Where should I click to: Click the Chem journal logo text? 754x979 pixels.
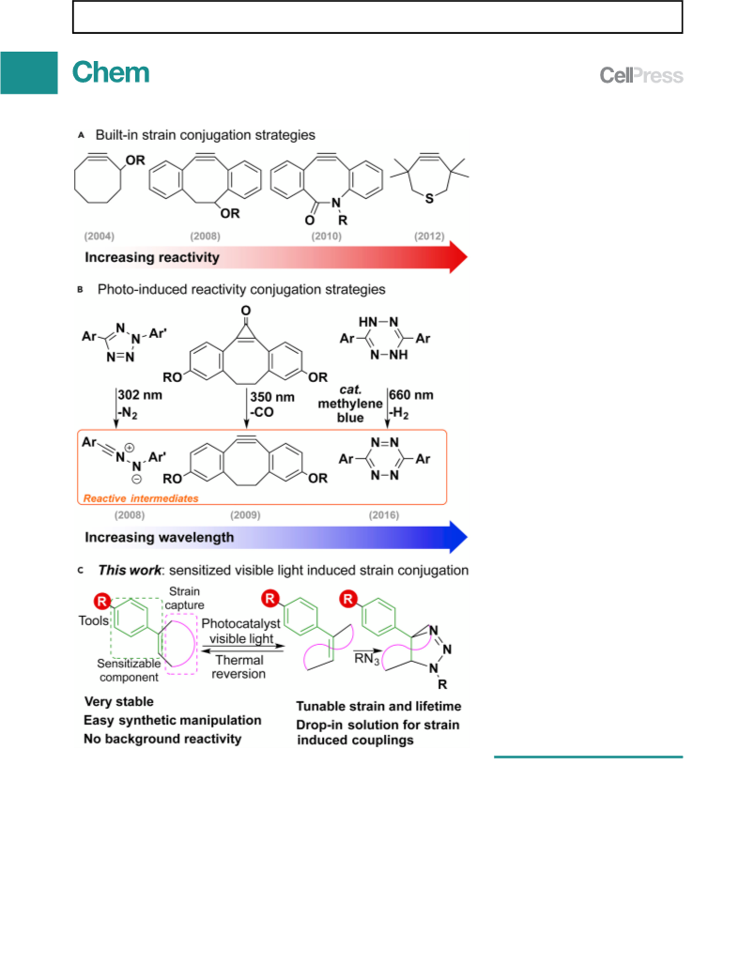111,72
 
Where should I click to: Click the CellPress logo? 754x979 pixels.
641,75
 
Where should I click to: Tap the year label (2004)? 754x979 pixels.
100,236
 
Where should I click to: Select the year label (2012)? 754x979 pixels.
429,236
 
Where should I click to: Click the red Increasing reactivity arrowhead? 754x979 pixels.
458,256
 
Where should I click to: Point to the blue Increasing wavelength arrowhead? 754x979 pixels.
458,537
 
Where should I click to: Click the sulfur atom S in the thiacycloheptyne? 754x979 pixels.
429,199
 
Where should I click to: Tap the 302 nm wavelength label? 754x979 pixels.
140,395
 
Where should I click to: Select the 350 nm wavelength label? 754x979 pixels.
272,397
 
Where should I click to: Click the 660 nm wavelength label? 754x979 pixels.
411,395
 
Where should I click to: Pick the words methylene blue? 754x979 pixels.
350,411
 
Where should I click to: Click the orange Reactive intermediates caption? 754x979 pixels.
141,498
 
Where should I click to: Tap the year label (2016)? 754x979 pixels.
383,515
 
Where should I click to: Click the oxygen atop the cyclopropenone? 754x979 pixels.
246,311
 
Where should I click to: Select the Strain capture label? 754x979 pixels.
184,598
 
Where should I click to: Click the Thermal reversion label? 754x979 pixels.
239,666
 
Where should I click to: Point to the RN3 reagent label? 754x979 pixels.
367,659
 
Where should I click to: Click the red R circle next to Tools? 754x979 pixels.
101,602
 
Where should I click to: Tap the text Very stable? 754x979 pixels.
118,702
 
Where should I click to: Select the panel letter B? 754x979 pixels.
80,290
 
